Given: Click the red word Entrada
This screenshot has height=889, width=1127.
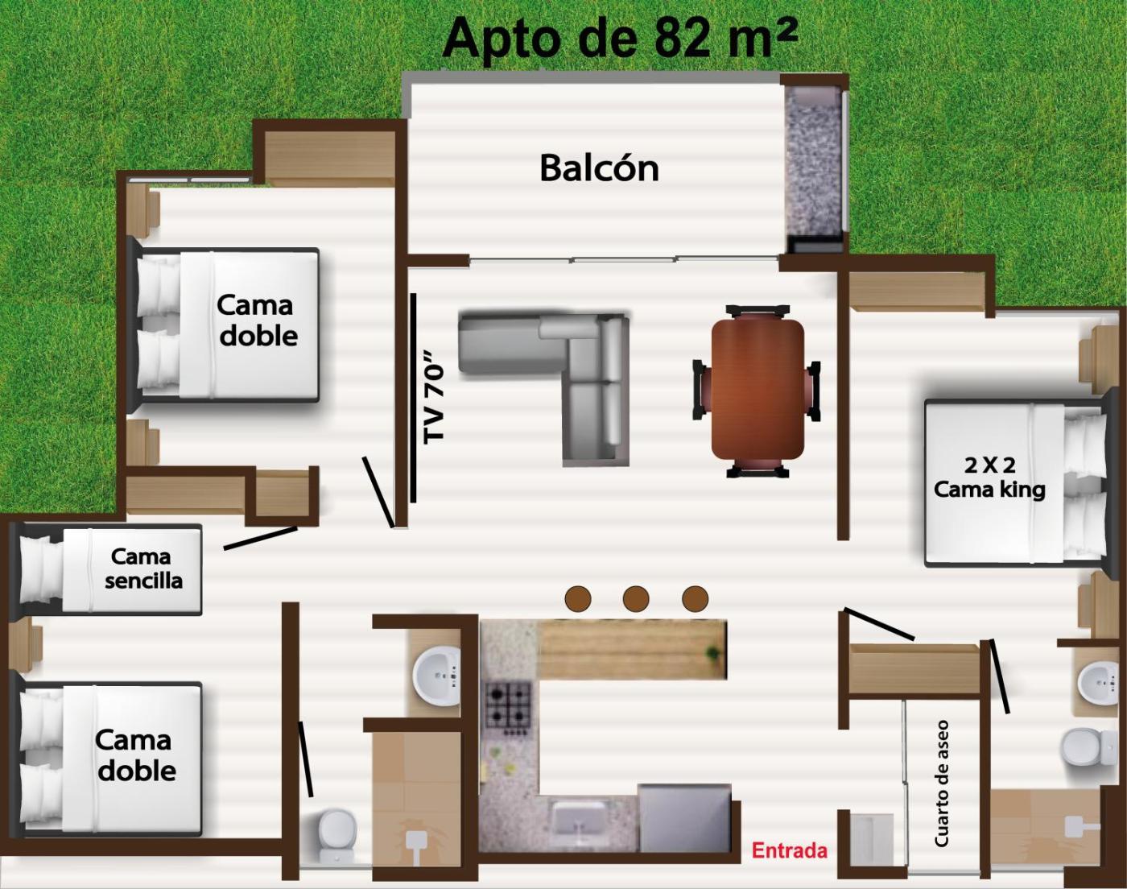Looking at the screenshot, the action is click(789, 850).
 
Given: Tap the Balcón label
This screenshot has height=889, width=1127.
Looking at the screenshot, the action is click(599, 168).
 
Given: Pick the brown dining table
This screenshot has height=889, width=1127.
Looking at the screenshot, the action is click(758, 390).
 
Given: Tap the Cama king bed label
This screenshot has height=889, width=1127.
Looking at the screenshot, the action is click(989, 478).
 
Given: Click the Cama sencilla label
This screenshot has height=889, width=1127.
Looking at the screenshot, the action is click(143, 569).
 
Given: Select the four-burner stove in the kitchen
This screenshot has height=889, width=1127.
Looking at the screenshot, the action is click(508, 705).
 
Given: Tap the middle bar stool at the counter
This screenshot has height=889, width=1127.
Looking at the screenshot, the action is click(636, 597).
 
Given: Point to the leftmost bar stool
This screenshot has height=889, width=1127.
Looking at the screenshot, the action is click(578, 597).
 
